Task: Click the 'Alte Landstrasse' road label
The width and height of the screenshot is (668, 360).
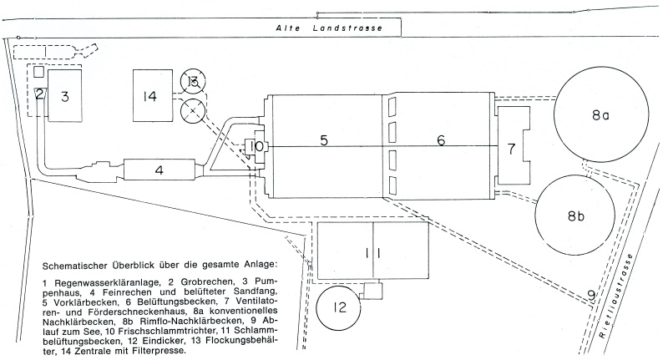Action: pyautogui.click(x=329, y=28)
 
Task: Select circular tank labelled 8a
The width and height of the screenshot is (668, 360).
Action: pyautogui.click(x=601, y=114)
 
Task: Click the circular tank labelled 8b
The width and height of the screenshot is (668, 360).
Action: pyautogui.click(x=575, y=215)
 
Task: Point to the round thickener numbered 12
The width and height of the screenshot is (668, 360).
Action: pyautogui.click(x=339, y=307)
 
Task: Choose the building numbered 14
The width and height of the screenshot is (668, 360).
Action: pyautogui.click(x=153, y=95)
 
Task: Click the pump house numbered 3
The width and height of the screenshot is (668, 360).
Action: pyautogui.click(x=64, y=96)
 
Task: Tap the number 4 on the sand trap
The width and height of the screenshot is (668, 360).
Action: pyautogui.click(x=159, y=170)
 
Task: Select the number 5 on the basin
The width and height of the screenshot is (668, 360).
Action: pyautogui.click(x=324, y=140)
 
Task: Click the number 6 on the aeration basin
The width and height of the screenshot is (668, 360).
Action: pyautogui.click(x=441, y=139)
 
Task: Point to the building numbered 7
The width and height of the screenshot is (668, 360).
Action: pyautogui.click(x=514, y=145)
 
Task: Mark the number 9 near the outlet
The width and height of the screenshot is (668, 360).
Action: pyautogui.click(x=591, y=294)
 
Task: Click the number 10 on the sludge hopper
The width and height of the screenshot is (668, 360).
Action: pyautogui.click(x=256, y=146)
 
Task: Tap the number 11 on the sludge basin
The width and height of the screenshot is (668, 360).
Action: pyautogui.click(x=373, y=253)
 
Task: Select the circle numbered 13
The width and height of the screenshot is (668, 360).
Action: pyautogui.click(x=193, y=81)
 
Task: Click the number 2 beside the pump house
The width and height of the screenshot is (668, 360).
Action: pyautogui.click(x=39, y=94)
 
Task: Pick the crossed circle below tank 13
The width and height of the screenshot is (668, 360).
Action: pyautogui.click(x=193, y=111)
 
